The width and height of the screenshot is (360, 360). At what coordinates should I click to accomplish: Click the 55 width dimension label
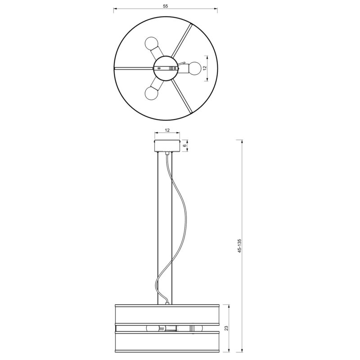click(166, 6)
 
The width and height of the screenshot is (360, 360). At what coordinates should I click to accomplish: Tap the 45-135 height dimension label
click(240, 246)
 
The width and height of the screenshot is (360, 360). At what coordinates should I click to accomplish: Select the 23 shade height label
click(227, 328)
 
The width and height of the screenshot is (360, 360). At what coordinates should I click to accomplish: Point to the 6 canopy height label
click(185, 146)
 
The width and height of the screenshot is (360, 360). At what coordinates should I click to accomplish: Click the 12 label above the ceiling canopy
click(167, 130)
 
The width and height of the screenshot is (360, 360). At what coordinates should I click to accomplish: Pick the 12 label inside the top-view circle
click(205, 68)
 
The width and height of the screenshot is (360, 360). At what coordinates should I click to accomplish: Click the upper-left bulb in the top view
click(151, 43)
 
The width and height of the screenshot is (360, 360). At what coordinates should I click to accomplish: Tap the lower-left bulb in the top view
click(151, 93)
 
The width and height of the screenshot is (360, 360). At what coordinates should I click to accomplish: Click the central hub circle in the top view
click(165, 68)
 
